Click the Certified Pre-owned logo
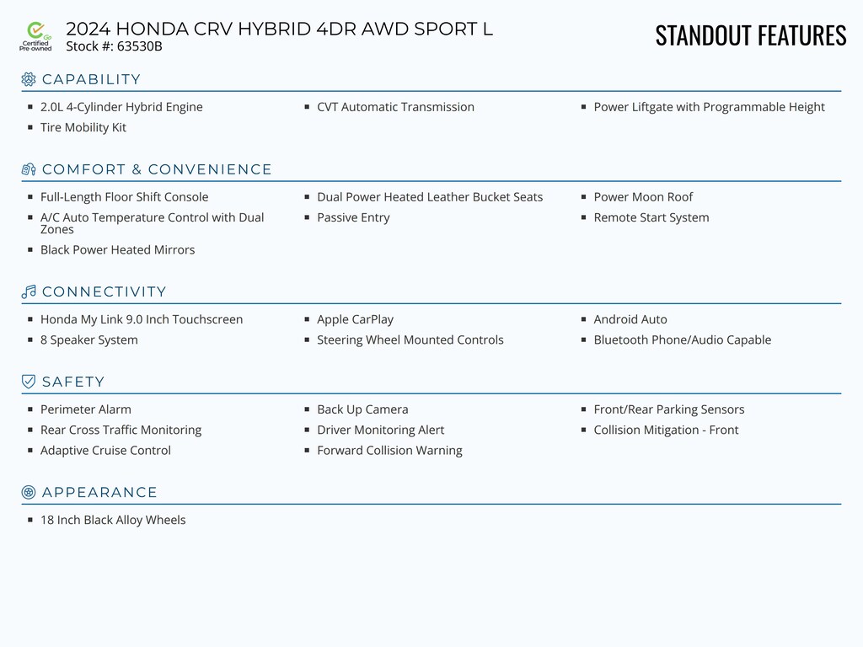tap(35, 36)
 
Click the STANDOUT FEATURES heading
tap(750, 35)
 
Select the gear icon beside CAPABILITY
tap(29, 79)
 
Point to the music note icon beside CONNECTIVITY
tap(29, 291)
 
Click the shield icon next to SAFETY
tap(29, 382)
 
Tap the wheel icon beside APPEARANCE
tap(29, 492)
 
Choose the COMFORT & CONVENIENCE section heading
tap(157, 169)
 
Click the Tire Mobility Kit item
tap(83, 127)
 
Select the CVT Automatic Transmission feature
tap(395, 107)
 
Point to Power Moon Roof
tap(643, 197)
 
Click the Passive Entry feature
tap(353, 217)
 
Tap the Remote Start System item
tap(651, 217)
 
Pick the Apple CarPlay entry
tap(355, 319)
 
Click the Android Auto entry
tap(630, 319)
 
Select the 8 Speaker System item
tap(89, 340)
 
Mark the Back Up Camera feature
tap(362, 409)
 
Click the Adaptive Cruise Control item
tap(105, 450)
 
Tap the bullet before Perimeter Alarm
tap(30, 409)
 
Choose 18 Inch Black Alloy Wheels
tap(113, 520)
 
